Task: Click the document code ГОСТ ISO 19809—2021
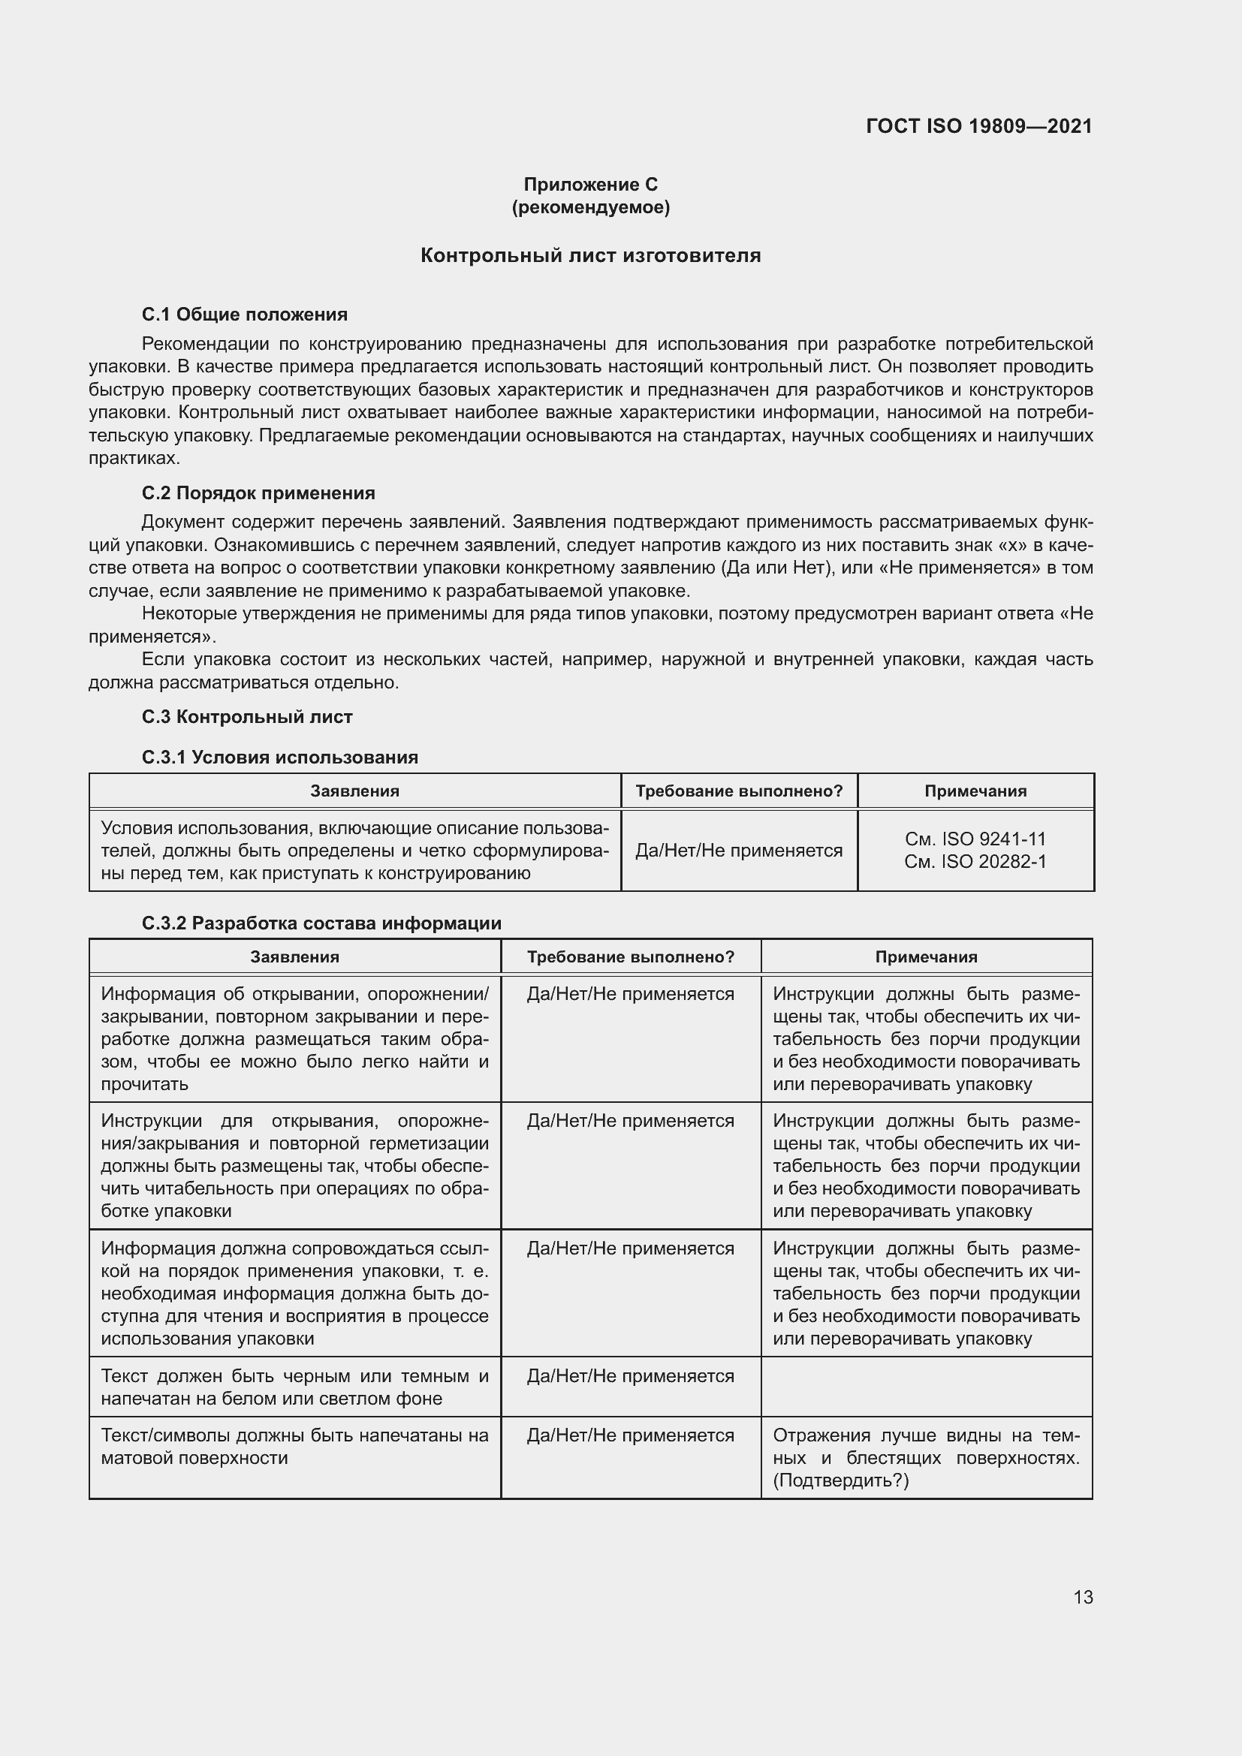pyautogui.click(x=978, y=126)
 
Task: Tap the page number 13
pyautogui.click(x=1082, y=1597)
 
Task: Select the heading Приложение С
pyautogui.click(x=590, y=185)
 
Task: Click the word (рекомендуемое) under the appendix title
pyautogui.click(x=590, y=207)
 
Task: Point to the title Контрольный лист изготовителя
pyautogui.click(x=590, y=255)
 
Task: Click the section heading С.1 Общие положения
pyautogui.click(x=245, y=315)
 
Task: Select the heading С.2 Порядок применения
pyautogui.click(x=258, y=492)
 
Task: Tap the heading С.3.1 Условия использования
pyautogui.click(x=280, y=758)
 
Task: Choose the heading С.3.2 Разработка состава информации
pyautogui.click(x=322, y=923)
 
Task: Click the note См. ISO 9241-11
pyautogui.click(x=975, y=839)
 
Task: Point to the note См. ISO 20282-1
pyautogui.click(x=975, y=861)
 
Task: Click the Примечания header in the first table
pyautogui.click(x=975, y=791)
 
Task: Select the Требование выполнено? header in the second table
pyautogui.click(x=630, y=956)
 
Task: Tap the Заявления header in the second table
pyautogui.click(x=294, y=956)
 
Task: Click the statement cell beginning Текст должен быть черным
pyautogui.click(x=294, y=1387)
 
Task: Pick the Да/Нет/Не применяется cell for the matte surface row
pyautogui.click(x=630, y=1435)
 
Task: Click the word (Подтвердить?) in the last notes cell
pyautogui.click(x=840, y=1480)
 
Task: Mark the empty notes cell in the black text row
pyautogui.click(x=926, y=1387)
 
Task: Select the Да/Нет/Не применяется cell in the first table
pyautogui.click(x=739, y=851)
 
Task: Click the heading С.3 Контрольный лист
pyautogui.click(x=247, y=717)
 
